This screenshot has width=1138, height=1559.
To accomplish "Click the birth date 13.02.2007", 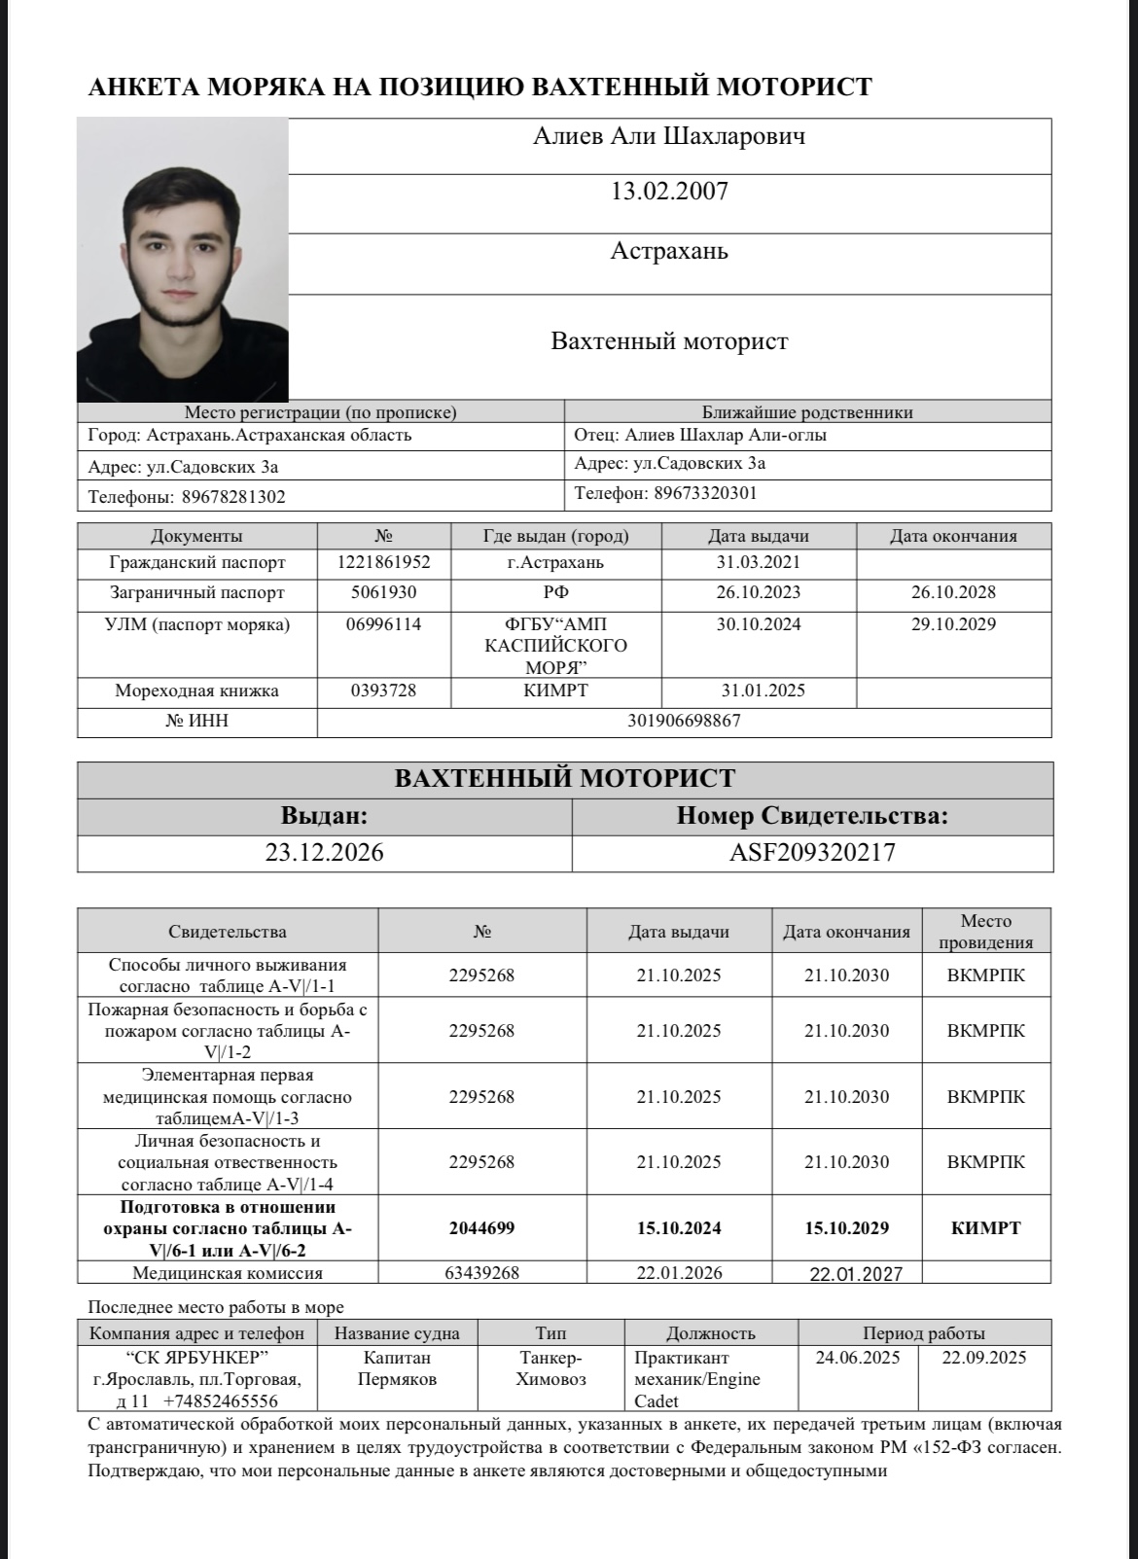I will click(669, 192).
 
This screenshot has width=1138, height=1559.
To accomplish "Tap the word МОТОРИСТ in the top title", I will click(794, 88).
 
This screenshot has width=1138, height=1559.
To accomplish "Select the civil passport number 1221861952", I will click(383, 562).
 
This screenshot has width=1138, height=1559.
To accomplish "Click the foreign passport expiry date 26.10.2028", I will click(952, 592).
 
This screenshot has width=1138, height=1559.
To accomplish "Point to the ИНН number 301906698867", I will click(684, 721).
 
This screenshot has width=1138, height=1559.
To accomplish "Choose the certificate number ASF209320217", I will click(812, 853).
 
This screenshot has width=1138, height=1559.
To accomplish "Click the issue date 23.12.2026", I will click(324, 853).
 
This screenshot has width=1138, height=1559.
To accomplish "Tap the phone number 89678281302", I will click(233, 497).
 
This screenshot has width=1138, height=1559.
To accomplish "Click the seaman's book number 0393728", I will click(383, 691).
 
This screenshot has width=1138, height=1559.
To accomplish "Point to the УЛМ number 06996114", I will click(383, 624).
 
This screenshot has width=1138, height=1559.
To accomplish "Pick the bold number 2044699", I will click(481, 1228).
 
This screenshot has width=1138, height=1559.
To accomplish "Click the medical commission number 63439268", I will click(481, 1272).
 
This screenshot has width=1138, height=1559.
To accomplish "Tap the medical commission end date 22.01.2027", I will click(856, 1274).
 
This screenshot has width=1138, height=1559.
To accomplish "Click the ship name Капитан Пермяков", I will click(397, 1368).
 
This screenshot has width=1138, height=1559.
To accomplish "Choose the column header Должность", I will click(710, 1333).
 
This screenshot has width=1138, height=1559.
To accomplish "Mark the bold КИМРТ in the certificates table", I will click(985, 1228).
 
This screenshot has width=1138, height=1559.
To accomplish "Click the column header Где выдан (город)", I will click(555, 536).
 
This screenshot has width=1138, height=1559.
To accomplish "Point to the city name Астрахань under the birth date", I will click(669, 252).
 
